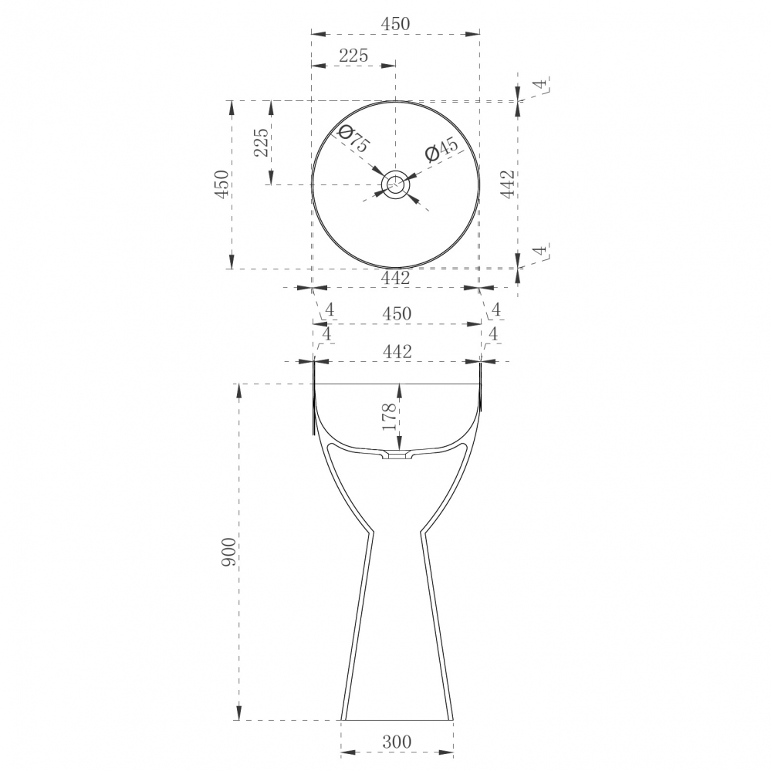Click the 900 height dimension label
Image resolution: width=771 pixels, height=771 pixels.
pyautogui.click(x=228, y=552)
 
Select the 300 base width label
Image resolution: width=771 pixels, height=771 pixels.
pyautogui.click(x=396, y=742)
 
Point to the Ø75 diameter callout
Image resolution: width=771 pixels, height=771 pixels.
pyautogui.click(x=353, y=138)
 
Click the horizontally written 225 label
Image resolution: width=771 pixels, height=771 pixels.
pyautogui.click(x=353, y=56)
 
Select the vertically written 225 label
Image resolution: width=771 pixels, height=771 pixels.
pyautogui.click(x=262, y=143)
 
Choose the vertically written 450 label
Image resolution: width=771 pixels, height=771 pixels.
pyautogui.click(x=221, y=185)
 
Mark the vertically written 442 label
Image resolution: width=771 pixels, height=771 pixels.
pyautogui.click(x=507, y=185)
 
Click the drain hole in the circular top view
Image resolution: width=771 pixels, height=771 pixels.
pyautogui.click(x=396, y=184)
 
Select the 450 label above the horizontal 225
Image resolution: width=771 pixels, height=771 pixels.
pyautogui.click(x=396, y=24)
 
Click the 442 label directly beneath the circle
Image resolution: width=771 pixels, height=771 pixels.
pyautogui.click(x=396, y=278)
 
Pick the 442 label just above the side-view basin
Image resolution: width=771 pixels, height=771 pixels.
pyautogui.click(x=397, y=351)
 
